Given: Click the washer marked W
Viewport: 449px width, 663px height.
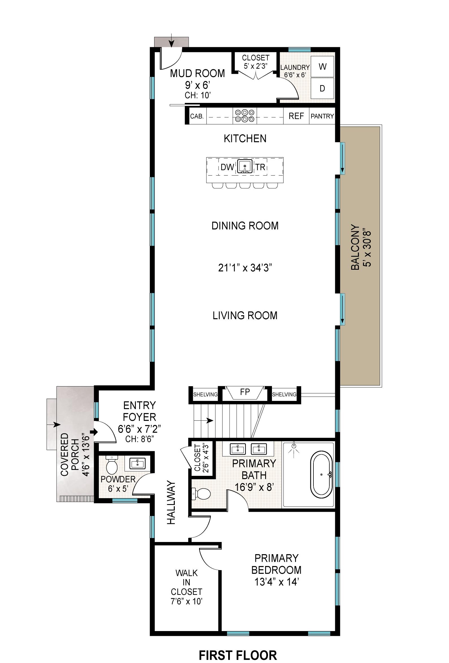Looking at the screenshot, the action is [322, 66].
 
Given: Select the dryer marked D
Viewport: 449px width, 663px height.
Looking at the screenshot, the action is [322, 88].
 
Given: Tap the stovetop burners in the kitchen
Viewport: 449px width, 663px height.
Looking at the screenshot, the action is [245, 116].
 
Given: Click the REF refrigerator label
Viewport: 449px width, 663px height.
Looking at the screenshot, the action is [296, 116].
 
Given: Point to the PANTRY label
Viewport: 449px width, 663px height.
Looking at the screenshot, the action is [322, 116].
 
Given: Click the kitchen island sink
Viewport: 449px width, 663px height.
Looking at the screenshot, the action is [245, 167].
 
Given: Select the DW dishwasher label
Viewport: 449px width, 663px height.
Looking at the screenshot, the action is [227, 167].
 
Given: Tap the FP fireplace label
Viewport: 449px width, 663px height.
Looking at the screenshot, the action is [245, 392].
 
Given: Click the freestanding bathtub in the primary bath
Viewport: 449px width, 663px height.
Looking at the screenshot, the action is [321, 475].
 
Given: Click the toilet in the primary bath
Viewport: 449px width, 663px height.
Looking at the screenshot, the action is [201, 494].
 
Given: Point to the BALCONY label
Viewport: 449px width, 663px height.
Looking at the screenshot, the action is [355, 247].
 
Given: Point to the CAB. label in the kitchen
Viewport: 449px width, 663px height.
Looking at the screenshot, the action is [197, 116].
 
